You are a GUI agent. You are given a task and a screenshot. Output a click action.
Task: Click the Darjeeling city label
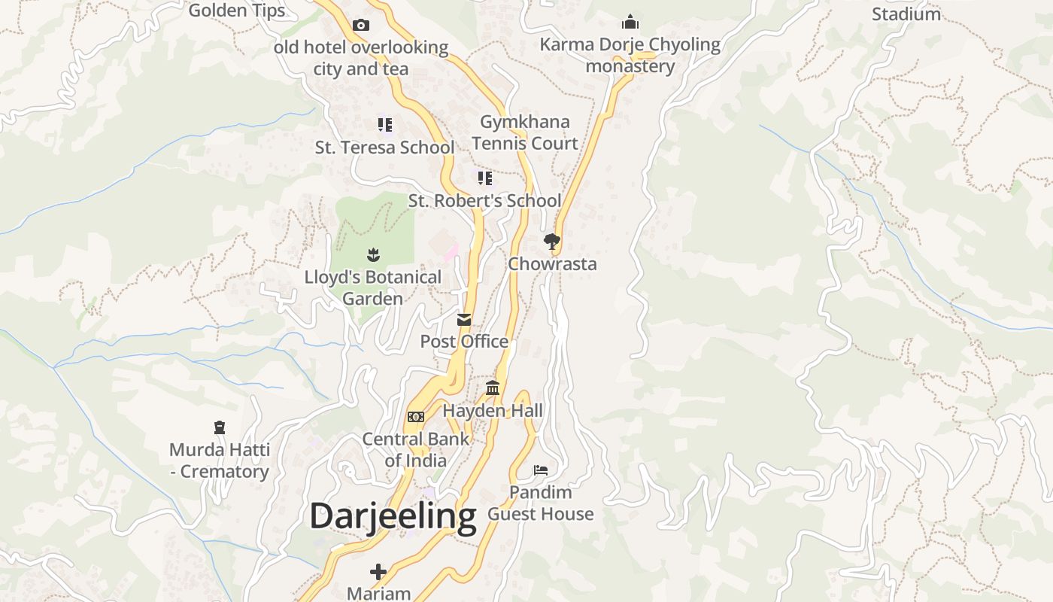[x=393, y=517]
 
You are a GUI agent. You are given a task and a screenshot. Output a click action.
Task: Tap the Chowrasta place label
[x=552, y=264]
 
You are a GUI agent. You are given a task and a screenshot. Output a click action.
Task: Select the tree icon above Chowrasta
[x=552, y=242]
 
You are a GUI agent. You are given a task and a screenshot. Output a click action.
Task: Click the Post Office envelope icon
[x=464, y=320]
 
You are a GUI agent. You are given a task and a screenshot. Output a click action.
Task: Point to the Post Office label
[x=464, y=342]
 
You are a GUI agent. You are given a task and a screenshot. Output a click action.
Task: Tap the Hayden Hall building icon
[x=493, y=388]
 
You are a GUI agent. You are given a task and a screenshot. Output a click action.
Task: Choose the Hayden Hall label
[x=493, y=411]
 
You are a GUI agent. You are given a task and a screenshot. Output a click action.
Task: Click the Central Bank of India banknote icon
[x=415, y=417]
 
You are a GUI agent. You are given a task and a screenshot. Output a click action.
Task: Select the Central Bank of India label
[x=415, y=449]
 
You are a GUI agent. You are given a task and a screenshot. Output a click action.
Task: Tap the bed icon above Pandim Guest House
[x=540, y=470]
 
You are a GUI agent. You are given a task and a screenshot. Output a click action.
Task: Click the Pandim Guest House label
[x=540, y=503]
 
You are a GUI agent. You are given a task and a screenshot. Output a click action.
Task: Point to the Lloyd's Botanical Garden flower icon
[x=373, y=255]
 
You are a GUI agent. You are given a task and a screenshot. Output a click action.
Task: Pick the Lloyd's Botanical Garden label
[x=373, y=287]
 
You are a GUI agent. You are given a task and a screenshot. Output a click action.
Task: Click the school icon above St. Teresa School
[x=384, y=124]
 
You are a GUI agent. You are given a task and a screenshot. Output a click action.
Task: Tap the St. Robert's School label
[x=484, y=201]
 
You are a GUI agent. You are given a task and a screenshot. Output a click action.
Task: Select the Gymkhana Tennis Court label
[x=525, y=132]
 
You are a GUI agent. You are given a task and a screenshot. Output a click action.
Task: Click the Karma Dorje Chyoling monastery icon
[x=630, y=22]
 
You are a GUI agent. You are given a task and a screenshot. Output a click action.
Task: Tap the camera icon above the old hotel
[x=361, y=25]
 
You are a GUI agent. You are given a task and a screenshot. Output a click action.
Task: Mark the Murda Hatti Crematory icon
[x=220, y=427]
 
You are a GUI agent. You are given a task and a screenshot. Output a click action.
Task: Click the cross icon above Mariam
[x=378, y=572]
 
